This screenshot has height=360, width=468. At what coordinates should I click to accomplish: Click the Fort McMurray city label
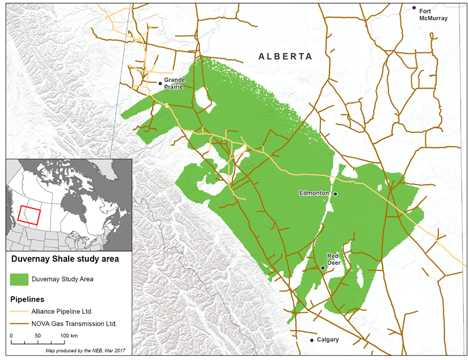[433, 14]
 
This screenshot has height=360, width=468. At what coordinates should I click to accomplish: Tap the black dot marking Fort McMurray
[414, 8]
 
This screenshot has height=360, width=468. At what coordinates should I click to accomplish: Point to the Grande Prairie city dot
[160, 83]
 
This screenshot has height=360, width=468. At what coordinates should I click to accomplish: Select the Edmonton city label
[314, 193]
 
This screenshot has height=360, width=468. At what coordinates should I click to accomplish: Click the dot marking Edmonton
[336, 194]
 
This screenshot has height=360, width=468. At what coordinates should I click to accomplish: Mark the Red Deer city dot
[323, 268]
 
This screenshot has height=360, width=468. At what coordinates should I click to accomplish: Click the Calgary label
[328, 340]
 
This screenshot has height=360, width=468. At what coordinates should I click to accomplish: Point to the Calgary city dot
[312, 340]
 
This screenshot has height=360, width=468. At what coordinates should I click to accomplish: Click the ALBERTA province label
[285, 56]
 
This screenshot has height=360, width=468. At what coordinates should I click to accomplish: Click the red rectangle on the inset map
[29, 214]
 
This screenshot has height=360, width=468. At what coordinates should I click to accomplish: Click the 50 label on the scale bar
[38, 335]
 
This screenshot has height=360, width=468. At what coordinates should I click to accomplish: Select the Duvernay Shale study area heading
[65, 259]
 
